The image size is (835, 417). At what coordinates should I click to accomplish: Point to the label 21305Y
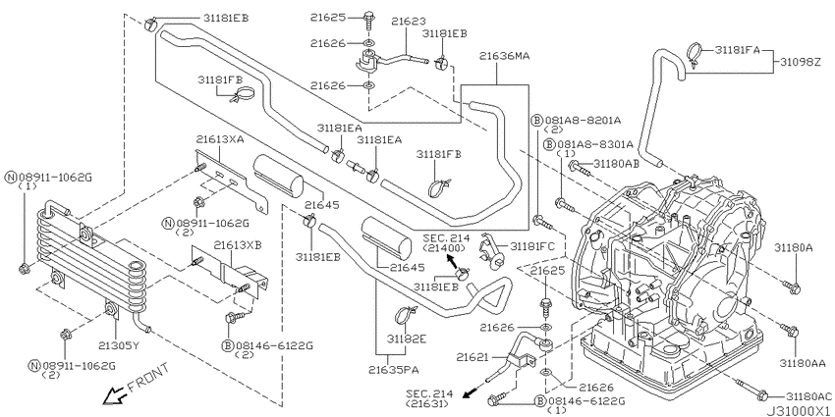(x=119, y=345)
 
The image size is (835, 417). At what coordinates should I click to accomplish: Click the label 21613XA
(x=220, y=139)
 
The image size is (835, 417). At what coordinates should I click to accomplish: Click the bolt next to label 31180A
(x=793, y=287)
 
